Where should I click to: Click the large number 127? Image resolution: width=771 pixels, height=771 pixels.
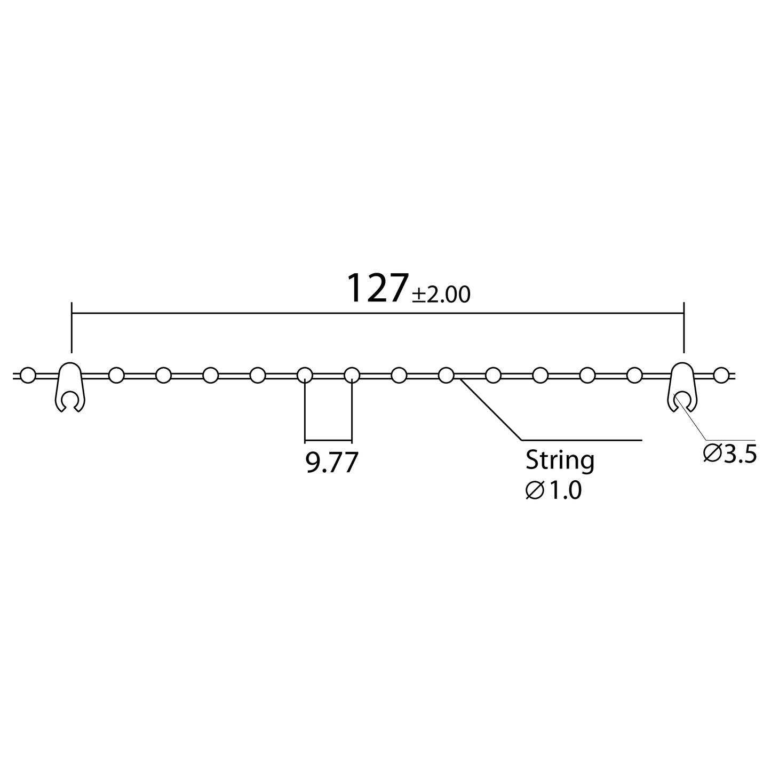point(378,288)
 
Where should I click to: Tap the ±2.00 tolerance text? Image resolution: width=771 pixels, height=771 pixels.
point(441,295)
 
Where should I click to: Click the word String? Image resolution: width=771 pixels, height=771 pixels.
point(559,460)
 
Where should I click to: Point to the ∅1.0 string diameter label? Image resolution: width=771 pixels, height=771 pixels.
point(553,491)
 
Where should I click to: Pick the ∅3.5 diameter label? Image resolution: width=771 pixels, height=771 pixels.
point(729,454)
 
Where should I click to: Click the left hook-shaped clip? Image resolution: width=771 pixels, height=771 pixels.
point(70,387)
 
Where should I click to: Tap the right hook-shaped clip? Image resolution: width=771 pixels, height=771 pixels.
point(681,387)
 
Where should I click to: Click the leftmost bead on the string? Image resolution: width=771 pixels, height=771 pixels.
point(28,375)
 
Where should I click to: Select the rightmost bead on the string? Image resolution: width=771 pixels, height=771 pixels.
point(720,375)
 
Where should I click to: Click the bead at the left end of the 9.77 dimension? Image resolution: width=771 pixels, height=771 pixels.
point(305,375)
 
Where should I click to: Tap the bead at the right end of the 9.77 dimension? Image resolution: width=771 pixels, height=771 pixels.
point(352,375)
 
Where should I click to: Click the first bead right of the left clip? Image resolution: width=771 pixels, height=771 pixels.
point(116,375)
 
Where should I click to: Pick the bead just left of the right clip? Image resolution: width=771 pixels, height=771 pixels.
point(634,375)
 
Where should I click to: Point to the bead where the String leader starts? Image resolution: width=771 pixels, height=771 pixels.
point(446,375)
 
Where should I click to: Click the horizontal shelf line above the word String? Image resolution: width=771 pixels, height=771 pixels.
point(582,440)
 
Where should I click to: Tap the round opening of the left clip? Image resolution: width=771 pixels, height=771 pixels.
point(70,400)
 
